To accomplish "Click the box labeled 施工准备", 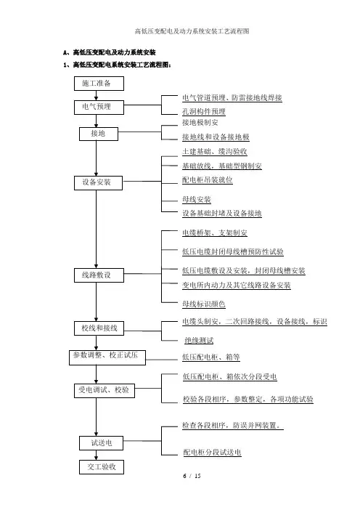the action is point(99,84).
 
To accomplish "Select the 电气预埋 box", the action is point(99,107).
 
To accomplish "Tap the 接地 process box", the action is point(99,134).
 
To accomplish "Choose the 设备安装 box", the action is point(98,183).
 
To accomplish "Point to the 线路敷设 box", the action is point(99,275).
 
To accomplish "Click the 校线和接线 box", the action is point(99,328).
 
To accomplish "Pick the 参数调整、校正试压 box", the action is point(107,357).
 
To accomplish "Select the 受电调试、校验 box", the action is point(105,390).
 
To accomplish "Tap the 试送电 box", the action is point(101,443).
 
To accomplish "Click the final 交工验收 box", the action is point(102,466).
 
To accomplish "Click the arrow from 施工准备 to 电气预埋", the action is point(97,95).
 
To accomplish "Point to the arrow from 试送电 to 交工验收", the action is point(97,455).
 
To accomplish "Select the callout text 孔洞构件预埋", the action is point(204,112).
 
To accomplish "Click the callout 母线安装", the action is point(197,199).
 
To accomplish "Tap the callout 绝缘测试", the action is point(199,341).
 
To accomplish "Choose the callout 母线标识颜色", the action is point(204,304).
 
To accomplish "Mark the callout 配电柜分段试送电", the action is point(212,452).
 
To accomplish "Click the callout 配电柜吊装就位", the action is point(208,180).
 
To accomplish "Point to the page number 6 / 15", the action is point(192,476).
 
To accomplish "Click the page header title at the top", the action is point(192,31).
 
